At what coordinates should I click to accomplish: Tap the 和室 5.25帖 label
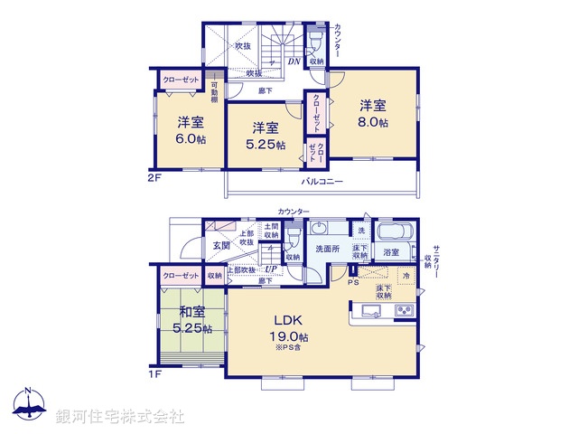click(191, 321)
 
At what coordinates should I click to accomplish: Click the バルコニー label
click(322, 181)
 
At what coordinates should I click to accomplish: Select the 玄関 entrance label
click(222, 245)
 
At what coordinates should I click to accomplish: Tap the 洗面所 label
click(326, 249)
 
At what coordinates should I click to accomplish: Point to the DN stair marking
click(294, 61)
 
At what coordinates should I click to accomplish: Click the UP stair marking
click(271, 269)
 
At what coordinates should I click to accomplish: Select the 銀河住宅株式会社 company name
click(119, 416)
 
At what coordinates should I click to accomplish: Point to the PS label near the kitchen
click(354, 280)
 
